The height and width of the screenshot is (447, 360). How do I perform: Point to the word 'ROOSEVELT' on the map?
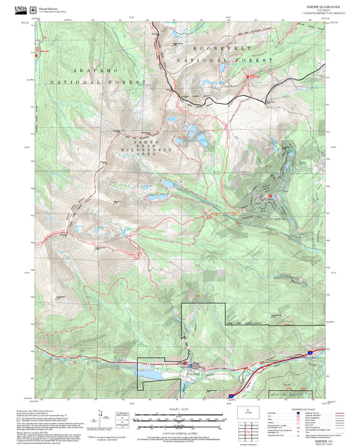tap(222, 50)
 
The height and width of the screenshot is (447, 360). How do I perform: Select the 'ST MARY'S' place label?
tap(278, 218)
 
